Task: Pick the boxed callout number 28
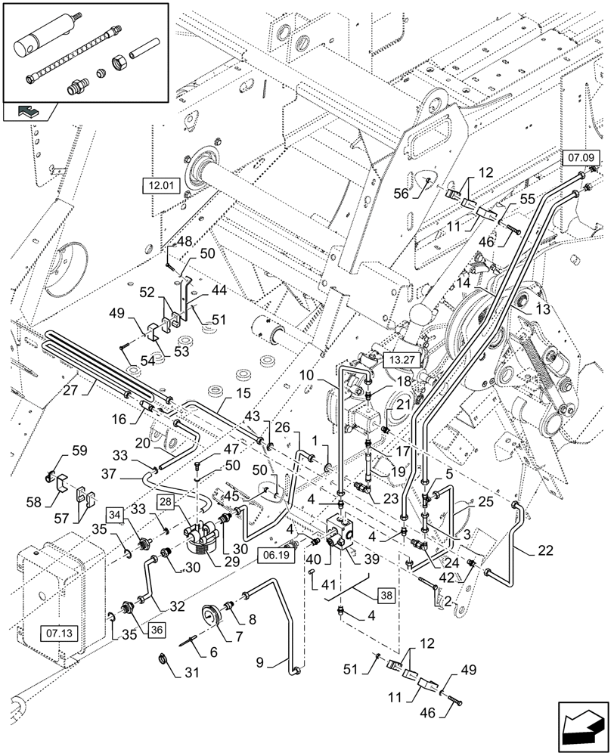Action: click(x=167, y=503)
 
